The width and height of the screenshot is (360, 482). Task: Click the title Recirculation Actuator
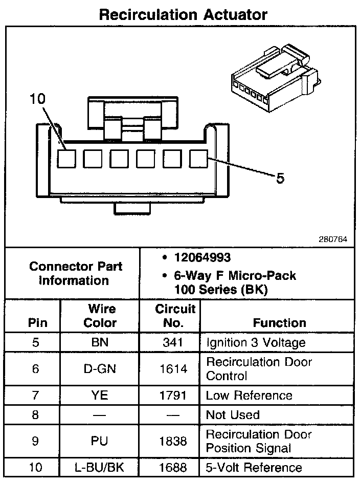pos(183,14)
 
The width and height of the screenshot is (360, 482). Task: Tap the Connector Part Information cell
pos(75,273)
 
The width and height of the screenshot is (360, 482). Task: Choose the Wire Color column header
pos(100,316)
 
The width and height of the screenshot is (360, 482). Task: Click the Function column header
pos(279,323)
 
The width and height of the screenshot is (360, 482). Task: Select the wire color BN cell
pos(100,342)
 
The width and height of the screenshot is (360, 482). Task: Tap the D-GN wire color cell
pos(100,368)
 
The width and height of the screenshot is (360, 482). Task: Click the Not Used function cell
pos(233,415)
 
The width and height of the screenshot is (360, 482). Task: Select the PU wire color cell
pos(100,441)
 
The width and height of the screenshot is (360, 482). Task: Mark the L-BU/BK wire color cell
pos(100,467)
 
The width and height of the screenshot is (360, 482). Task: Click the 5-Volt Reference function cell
pos(254,467)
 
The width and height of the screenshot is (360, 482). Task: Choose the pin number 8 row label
pos(35,415)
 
